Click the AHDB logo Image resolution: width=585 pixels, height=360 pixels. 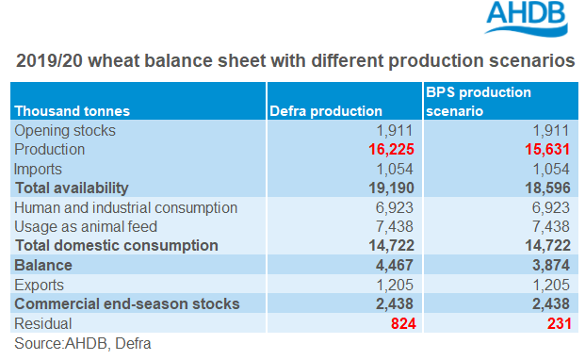click(x=526, y=19)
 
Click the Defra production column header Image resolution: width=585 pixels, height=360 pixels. click(x=326, y=111)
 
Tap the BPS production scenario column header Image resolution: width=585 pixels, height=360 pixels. click(x=479, y=102)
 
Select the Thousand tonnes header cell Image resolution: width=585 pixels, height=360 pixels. click(x=72, y=111)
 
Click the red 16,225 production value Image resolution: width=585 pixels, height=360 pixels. click(x=391, y=149)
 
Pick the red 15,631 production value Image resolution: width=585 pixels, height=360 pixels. click(x=547, y=149)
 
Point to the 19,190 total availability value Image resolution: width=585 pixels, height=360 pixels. click(x=391, y=188)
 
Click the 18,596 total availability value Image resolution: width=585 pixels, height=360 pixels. click(x=547, y=188)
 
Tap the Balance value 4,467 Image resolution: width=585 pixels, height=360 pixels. click(x=394, y=265)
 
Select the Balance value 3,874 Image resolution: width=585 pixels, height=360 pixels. click(x=551, y=265)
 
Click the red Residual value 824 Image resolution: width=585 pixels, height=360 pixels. click(x=403, y=323)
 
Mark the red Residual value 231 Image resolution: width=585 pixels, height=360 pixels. click(x=560, y=323)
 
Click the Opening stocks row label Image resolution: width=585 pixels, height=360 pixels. click(x=65, y=131)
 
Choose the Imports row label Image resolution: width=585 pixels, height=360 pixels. click(x=38, y=169)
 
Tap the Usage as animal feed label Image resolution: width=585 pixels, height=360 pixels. click(x=86, y=227)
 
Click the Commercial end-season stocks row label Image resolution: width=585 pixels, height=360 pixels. click(x=127, y=304)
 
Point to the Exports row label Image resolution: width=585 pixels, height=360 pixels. click(x=39, y=285)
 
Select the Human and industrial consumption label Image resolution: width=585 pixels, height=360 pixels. click(x=125, y=207)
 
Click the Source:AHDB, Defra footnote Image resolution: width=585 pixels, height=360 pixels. click(x=83, y=344)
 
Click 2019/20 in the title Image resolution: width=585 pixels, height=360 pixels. click(x=49, y=61)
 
